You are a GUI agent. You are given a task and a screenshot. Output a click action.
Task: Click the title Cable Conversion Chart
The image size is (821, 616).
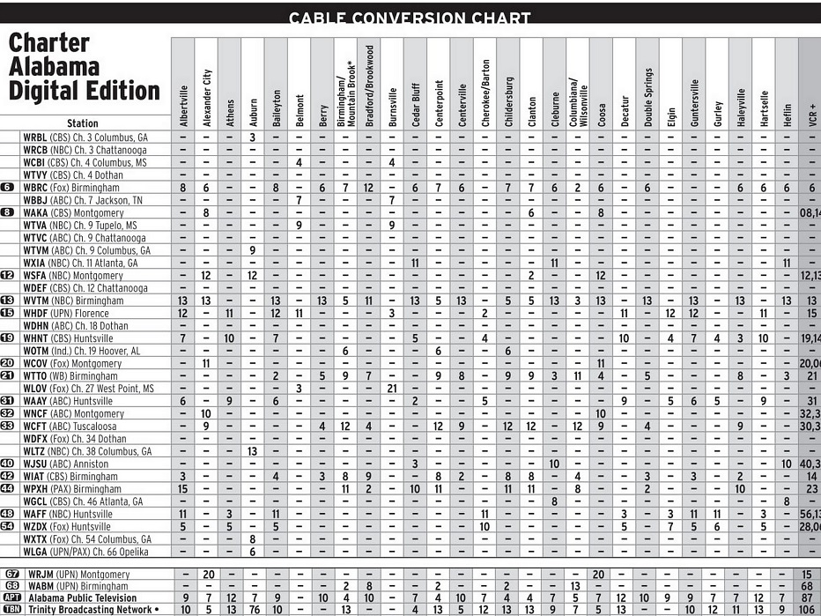click(x=410, y=18)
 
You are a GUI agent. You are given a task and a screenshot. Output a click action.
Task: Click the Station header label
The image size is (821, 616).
click(x=83, y=123)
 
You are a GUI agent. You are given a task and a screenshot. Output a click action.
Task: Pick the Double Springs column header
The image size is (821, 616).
click(x=648, y=97)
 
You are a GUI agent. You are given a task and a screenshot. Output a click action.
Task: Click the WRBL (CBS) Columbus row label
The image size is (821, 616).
click(x=85, y=137)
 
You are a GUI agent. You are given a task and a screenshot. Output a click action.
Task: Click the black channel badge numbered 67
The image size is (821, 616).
click(x=11, y=575)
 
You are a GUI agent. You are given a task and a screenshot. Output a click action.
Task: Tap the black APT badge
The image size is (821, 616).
click(x=11, y=597)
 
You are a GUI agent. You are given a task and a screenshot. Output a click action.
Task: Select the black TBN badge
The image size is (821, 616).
click(x=11, y=610)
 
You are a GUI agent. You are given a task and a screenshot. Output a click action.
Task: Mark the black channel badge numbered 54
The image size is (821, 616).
click(x=8, y=526)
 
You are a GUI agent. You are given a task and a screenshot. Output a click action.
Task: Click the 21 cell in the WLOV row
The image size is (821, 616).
click(x=392, y=389)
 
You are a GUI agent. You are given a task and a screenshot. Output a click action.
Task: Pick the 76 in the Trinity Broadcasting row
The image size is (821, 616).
click(x=253, y=610)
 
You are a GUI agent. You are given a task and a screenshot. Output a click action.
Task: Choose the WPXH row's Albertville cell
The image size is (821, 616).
click(x=183, y=489)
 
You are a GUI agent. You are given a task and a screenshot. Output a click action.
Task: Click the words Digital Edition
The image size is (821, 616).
click(x=85, y=91)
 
